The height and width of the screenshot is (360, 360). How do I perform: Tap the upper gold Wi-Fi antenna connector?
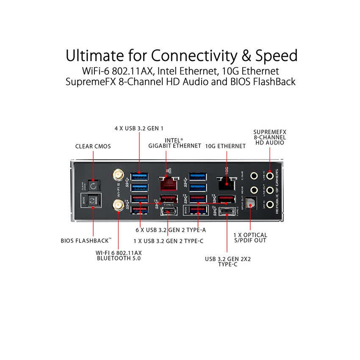pyautogui.click(x=118, y=174)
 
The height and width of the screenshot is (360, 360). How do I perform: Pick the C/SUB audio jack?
pyautogui.click(x=254, y=174)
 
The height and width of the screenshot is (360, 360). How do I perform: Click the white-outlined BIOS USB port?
pyautogui.click(x=197, y=210)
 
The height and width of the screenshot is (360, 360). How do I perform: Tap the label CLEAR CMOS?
pyautogui.click(x=93, y=147)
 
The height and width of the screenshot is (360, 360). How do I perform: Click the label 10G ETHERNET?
pyautogui.click(x=225, y=146)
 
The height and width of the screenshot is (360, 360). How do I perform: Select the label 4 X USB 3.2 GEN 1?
pyautogui.click(x=139, y=128)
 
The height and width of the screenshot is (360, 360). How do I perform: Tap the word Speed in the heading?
pyautogui.click(x=274, y=56)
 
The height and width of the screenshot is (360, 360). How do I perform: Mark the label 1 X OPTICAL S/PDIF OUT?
pyautogui.click(x=250, y=238)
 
